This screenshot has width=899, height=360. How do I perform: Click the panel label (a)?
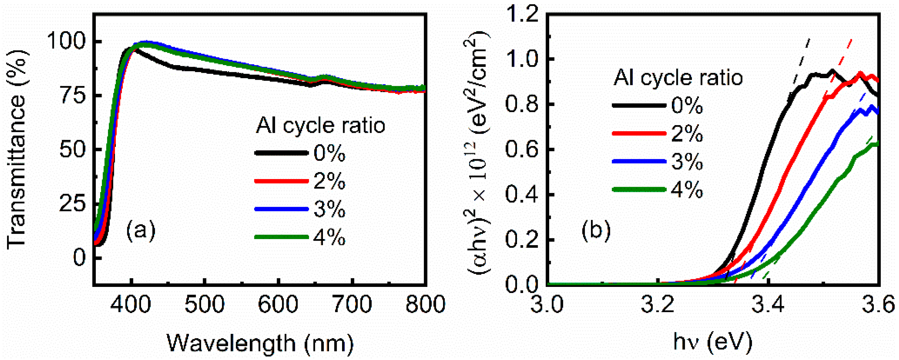pyautogui.click(x=141, y=231)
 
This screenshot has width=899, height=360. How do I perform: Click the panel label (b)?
pyautogui.click(x=596, y=231)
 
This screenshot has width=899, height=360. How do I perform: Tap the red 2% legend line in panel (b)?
pyautogui.click(x=639, y=133)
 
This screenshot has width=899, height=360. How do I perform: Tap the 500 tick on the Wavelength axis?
pyautogui.click(x=204, y=304)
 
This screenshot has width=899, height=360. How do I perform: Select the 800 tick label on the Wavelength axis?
pyautogui.click(x=425, y=304)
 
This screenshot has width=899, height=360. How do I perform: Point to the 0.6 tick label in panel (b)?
pyautogui.click(x=521, y=149)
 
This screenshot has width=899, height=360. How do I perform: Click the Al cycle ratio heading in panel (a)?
pyautogui.click(x=320, y=125)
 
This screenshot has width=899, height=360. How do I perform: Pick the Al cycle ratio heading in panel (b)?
pyautogui.click(x=678, y=78)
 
